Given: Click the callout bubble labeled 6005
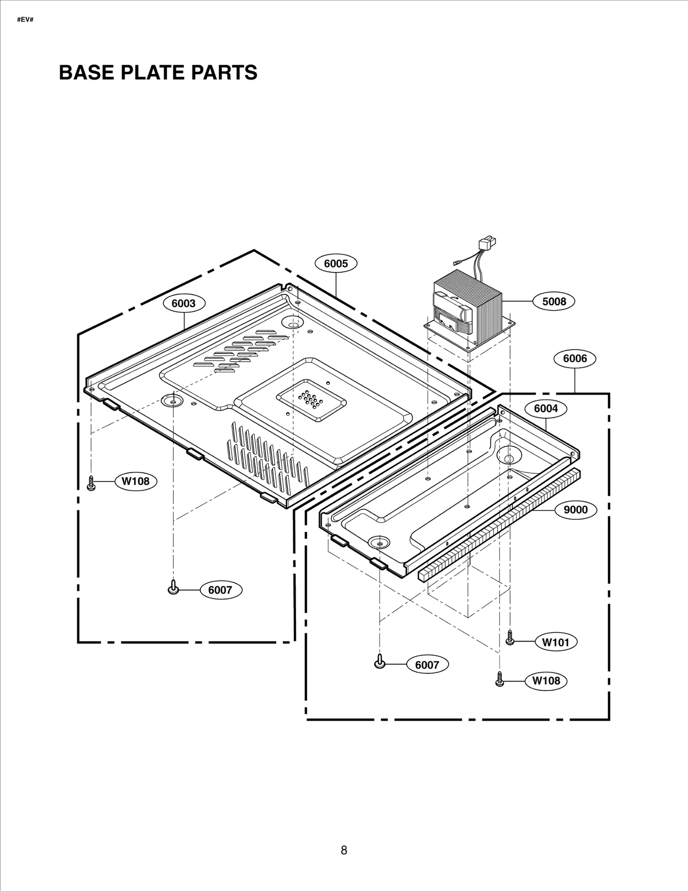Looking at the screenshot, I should pos(336,263).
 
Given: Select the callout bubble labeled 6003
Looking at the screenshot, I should pos(184,303).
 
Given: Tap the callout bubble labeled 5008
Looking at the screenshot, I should pos(554,301).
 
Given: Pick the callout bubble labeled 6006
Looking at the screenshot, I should pos(574,358).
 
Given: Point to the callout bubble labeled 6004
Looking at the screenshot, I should pos(546,408).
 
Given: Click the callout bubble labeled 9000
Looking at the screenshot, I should pos(575,510).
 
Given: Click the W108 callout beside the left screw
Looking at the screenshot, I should pos(135,481).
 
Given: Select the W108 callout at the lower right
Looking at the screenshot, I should pos(546,680).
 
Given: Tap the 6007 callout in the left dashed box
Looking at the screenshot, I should pos(220,590).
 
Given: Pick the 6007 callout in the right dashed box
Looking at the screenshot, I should pos(427,665).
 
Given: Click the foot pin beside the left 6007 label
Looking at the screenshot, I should pos(173,587).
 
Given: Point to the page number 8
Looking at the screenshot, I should pos(344,850).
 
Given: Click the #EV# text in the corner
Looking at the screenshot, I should pos(25,20).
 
